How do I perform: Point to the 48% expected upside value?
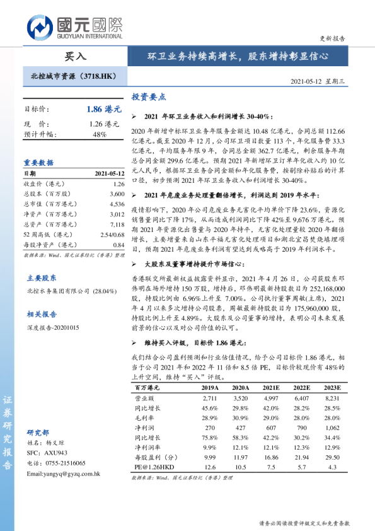click(99, 134)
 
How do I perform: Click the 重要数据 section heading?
click(38, 162)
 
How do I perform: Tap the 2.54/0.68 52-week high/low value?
click(110, 234)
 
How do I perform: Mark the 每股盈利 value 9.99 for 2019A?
click(210, 457)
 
